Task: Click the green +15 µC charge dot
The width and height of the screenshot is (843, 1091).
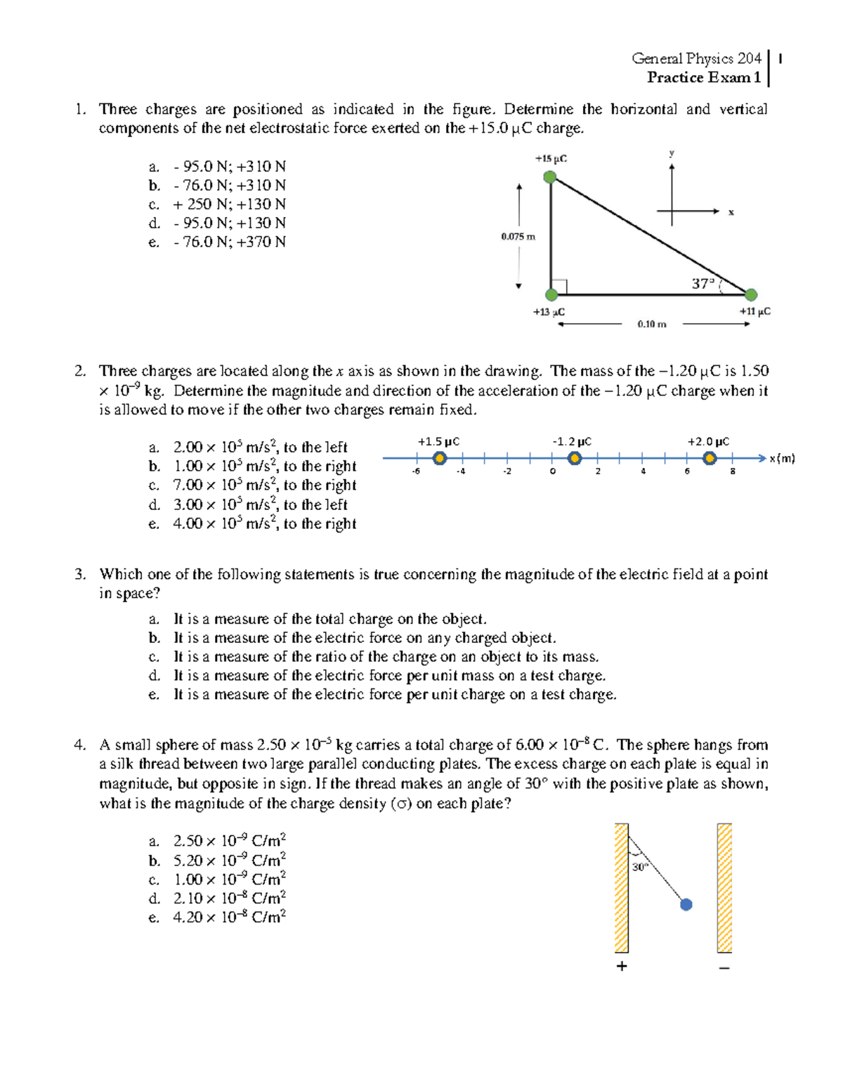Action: click(551, 177)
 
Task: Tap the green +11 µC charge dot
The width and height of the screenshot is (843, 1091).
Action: click(751, 294)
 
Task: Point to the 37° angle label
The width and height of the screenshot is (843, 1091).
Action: click(702, 284)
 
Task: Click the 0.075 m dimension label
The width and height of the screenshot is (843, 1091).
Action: click(518, 237)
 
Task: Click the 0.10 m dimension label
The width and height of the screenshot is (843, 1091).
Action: click(651, 324)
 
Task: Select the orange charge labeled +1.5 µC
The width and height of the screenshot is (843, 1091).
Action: click(440, 459)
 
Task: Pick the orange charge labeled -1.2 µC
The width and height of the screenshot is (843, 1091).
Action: click(575, 459)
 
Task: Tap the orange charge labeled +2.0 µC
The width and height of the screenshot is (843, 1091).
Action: click(710, 459)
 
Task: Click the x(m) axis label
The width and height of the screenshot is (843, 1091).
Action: click(782, 459)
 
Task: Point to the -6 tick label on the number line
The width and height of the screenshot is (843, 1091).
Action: click(416, 471)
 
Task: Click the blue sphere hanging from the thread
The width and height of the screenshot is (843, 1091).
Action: click(686, 905)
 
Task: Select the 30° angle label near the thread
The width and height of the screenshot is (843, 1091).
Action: click(639, 868)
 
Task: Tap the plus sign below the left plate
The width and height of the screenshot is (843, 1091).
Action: click(621, 967)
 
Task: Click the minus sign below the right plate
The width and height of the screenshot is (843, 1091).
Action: click(724, 968)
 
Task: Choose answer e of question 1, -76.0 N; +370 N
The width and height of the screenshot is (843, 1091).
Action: click(229, 242)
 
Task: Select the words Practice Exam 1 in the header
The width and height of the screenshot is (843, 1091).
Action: click(703, 77)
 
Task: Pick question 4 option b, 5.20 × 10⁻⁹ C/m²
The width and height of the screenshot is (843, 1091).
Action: click(229, 861)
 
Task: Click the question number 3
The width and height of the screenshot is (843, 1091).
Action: click(80, 574)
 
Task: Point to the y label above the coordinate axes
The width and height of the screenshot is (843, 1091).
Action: click(672, 153)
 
